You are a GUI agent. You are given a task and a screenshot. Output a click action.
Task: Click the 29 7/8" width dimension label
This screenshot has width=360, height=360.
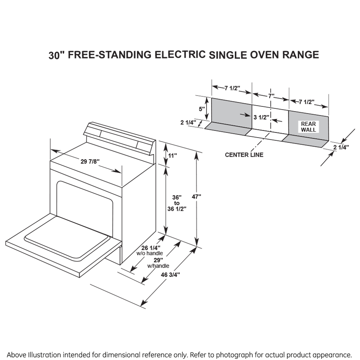click(90, 162)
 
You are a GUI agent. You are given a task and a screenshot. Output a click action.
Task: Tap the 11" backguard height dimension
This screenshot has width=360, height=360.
click(172, 156)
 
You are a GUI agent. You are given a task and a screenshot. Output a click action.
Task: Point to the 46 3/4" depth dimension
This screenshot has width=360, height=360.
click(171, 274)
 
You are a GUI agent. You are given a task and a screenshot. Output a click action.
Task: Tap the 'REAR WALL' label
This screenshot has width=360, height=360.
click(308, 127)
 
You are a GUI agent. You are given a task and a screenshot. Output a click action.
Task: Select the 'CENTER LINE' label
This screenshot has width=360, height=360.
click(244, 155)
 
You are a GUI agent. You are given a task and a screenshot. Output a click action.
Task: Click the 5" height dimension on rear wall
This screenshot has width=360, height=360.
click(202, 108)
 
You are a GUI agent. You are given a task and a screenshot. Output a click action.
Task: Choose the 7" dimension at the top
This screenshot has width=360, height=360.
click(271, 96)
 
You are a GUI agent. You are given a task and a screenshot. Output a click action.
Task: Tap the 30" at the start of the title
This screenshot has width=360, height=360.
click(56, 55)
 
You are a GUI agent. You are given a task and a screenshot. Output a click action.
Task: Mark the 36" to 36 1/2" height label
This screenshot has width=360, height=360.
click(177, 203)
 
